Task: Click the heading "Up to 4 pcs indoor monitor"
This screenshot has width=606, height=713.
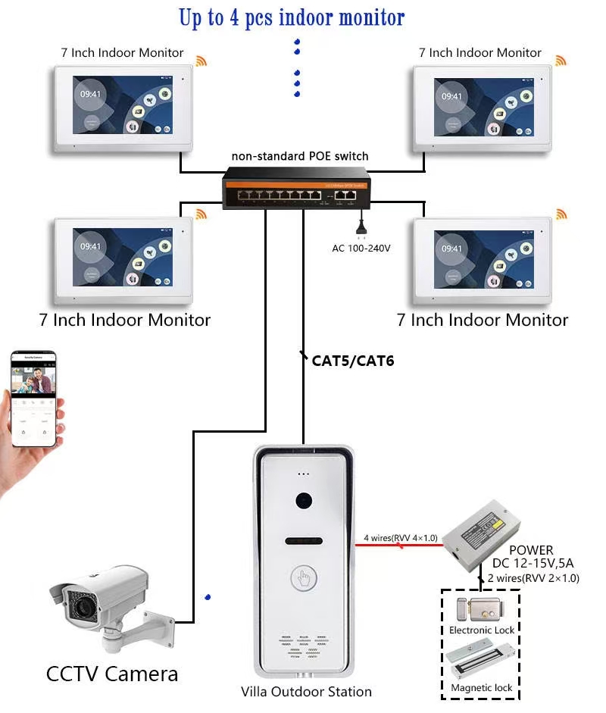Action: [292, 17]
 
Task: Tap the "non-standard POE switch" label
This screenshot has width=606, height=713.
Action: [300, 156]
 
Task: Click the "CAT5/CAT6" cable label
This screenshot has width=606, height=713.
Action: [352, 361]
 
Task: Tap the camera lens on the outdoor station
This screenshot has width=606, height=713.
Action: [305, 502]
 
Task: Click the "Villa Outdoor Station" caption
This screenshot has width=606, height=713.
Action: [306, 691]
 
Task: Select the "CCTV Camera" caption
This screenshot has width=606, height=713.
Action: [112, 673]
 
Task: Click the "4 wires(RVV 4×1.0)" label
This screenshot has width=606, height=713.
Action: [400, 538]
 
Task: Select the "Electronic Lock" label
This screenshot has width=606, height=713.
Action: [481, 630]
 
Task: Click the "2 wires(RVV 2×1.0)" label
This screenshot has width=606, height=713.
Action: [533, 577]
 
